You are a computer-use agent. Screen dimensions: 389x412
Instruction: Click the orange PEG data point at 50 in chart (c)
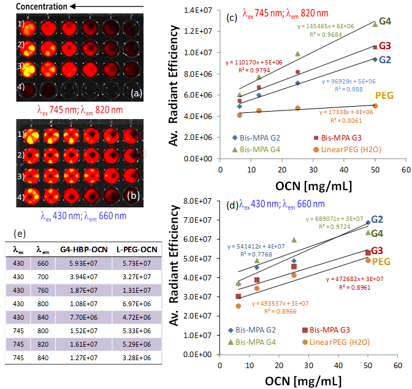click(x=375, y=106)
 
